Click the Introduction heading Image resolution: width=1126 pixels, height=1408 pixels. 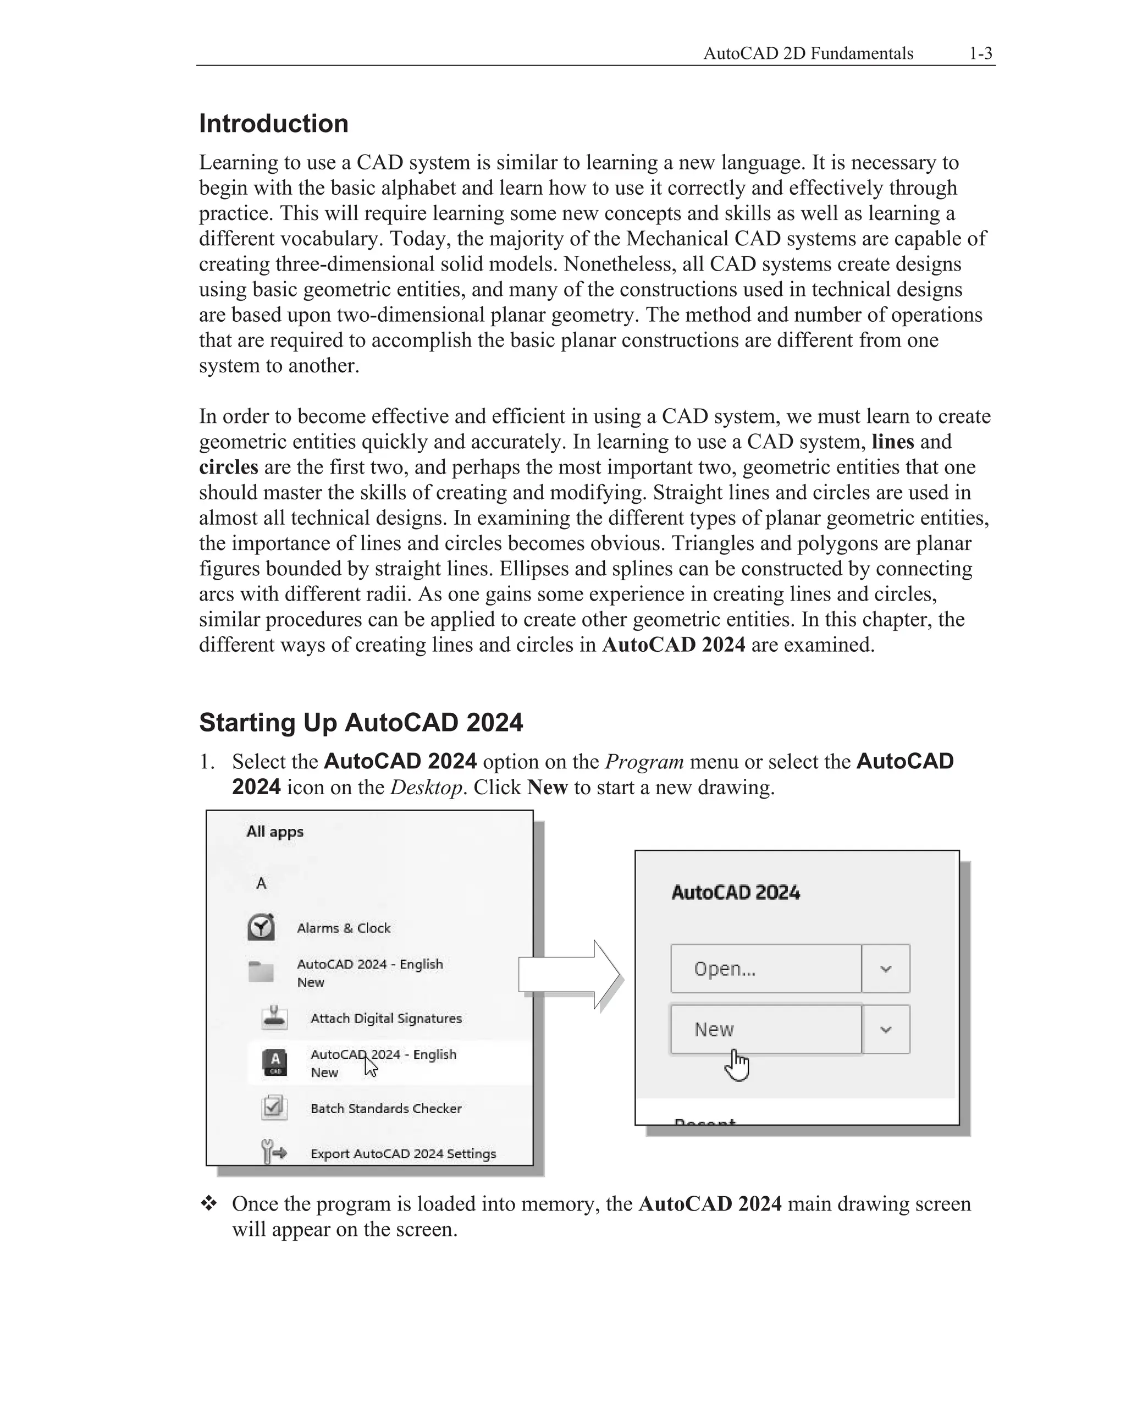tap(273, 123)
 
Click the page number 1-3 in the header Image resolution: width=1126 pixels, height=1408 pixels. tap(980, 53)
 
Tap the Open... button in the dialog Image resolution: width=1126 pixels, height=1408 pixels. tap(765, 969)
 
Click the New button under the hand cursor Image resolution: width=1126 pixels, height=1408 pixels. tap(765, 1029)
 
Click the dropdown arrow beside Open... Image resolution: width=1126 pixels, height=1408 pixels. tap(885, 969)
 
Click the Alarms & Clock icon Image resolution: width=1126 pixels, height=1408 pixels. tap(261, 927)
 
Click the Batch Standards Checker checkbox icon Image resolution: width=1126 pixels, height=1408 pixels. tap(274, 1108)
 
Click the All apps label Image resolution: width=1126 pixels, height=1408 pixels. tap(275, 832)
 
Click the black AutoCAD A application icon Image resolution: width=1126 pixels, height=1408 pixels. tap(275, 1063)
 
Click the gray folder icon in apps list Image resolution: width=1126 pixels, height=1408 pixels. tap(261, 972)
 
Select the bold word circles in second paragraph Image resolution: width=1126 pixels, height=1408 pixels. tap(229, 467)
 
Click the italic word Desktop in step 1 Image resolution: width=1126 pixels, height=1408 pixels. tap(426, 787)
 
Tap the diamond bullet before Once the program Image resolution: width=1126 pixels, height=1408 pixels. tap(209, 1203)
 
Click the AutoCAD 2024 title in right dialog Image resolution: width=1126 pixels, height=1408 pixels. tap(735, 892)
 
